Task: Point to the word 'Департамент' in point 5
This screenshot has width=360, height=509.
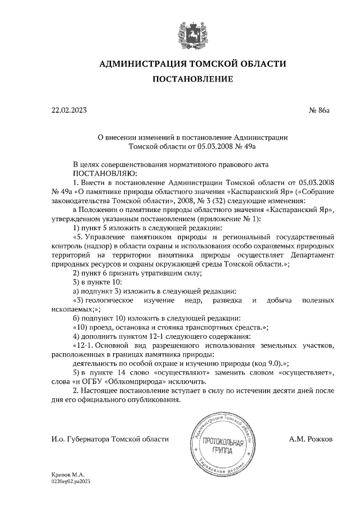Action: [307, 254]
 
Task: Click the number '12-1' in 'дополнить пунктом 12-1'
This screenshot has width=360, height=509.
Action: [153, 336]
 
